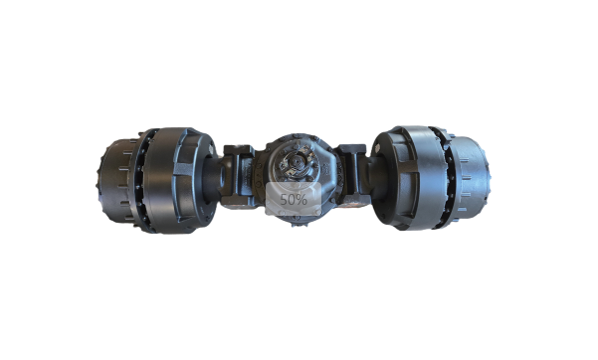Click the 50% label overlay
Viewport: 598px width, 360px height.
(x=294, y=199)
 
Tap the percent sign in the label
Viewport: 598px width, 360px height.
(x=301, y=199)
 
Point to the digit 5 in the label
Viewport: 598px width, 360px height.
(x=284, y=199)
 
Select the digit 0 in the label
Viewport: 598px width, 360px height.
(x=292, y=199)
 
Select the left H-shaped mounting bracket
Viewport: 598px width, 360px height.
(x=238, y=175)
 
